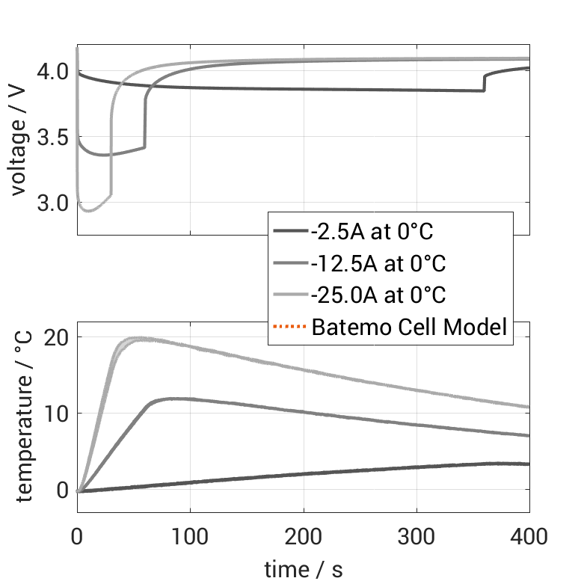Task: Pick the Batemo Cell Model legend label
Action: tap(410, 327)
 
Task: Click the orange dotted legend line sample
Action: tap(290, 327)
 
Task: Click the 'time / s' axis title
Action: tap(303, 569)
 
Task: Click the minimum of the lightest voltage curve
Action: tap(89, 211)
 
